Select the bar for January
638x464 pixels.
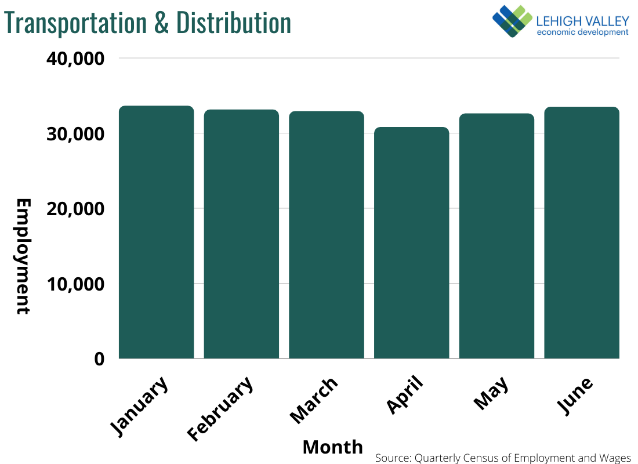tap(156, 232)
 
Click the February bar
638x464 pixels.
tap(241, 234)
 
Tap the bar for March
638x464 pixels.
tap(327, 235)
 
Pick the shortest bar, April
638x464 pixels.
tap(411, 242)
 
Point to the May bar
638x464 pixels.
tap(496, 236)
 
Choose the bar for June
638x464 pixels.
tap(582, 233)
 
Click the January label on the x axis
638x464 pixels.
tap(140, 405)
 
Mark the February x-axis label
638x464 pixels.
tap(221, 408)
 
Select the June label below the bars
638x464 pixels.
tap(576, 396)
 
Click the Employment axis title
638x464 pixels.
tap(23, 256)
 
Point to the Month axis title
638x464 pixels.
tap(332, 447)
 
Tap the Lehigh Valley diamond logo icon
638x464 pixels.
tap(512, 21)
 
